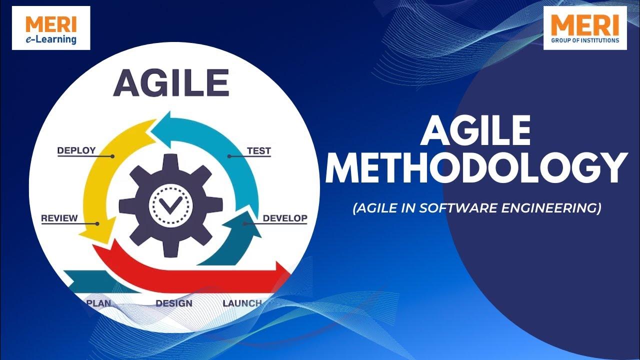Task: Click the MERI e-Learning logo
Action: pyautogui.click(x=51, y=28)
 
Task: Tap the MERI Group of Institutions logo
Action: pyautogui.click(x=585, y=28)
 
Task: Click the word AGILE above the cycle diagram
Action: pyautogui.click(x=171, y=83)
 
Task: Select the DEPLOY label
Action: pyautogui.click(x=76, y=150)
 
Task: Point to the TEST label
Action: pyautogui.click(x=258, y=150)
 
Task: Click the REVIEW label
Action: pyautogui.click(x=59, y=218)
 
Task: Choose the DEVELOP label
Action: pyautogui.click(x=285, y=218)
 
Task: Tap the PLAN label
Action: pyautogui.click(x=98, y=303)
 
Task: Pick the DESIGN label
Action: pyautogui.click(x=174, y=303)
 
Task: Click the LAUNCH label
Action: pyautogui.click(x=242, y=303)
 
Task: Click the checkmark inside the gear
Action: pyautogui.click(x=170, y=205)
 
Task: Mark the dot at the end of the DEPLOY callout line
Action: pyautogui.click(x=112, y=156)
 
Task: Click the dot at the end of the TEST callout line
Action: pyautogui.click(x=229, y=156)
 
